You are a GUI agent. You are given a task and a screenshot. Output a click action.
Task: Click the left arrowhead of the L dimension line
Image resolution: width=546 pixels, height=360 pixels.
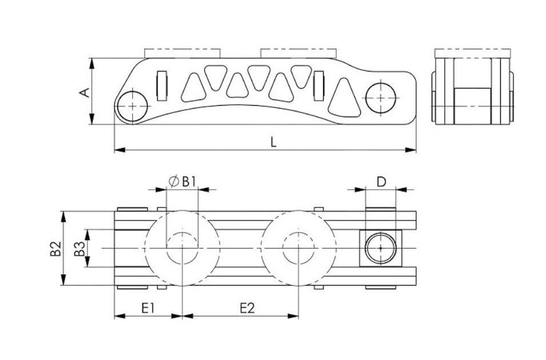(x=119, y=150)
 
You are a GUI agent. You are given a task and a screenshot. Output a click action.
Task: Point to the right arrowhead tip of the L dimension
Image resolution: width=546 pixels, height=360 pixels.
(x=416, y=150)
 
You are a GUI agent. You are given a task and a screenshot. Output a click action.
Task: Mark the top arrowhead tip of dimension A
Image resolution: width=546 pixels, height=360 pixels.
(x=92, y=58)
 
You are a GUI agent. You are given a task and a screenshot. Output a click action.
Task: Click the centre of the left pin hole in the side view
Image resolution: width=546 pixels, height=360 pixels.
(x=133, y=106)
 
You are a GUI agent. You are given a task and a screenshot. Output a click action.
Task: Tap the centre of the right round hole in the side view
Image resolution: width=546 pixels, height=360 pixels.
(x=381, y=98)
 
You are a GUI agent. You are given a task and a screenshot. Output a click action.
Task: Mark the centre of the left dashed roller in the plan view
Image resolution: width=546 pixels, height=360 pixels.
(x=182, y=248)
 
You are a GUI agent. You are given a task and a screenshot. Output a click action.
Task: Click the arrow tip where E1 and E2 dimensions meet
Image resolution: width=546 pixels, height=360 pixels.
(x=182, y=316)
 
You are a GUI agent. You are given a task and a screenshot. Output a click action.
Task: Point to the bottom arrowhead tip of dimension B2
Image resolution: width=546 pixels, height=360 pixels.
(x=63, y=285)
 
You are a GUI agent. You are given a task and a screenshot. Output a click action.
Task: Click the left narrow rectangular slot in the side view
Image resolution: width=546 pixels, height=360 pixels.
(x=162, y=86)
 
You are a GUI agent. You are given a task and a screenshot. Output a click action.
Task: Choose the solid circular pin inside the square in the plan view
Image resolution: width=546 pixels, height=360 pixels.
(x=381, y=248)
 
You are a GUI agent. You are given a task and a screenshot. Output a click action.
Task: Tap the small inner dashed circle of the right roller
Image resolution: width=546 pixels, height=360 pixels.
(x=298, y=248)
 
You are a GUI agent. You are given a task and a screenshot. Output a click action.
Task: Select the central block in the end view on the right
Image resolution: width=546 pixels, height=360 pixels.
(x=472, y=106)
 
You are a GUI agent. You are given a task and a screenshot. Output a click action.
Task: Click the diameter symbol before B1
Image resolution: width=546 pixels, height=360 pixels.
(x=174, y=181)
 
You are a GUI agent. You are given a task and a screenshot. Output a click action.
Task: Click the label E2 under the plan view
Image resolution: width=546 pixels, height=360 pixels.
(x=247, y=308)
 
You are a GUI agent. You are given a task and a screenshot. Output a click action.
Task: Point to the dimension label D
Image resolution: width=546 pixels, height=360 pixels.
(x=382, y=181)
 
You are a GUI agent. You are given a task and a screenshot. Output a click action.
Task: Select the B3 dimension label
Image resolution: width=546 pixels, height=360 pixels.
(x=79, y=248)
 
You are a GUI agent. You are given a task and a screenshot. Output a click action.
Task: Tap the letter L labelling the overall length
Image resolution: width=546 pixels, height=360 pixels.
(x=274, y=142)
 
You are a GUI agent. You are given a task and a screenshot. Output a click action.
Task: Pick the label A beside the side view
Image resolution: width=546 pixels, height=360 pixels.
(x=85, y=93)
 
